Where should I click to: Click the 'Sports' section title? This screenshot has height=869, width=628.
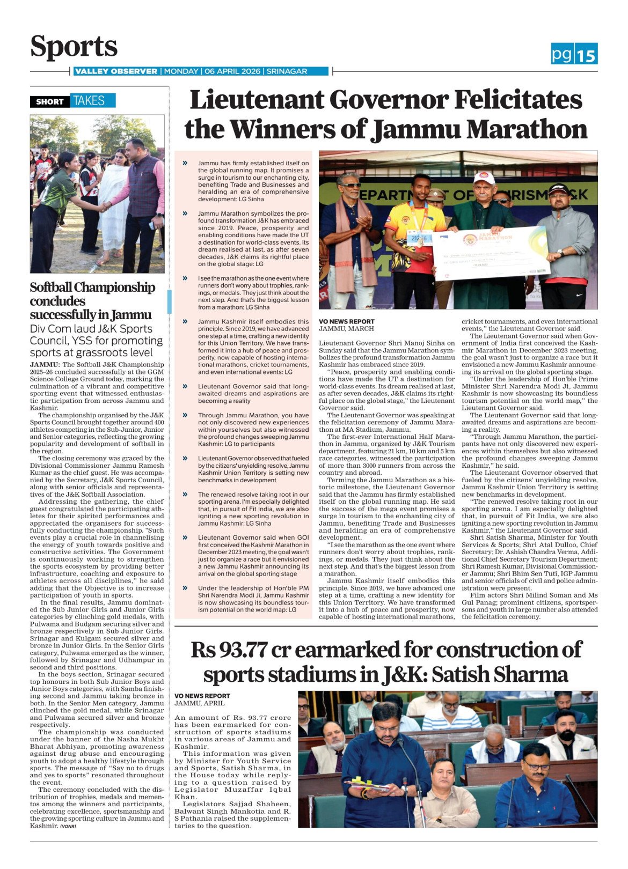pos(74,47)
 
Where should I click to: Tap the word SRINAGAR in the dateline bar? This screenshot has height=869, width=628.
pos(287,71)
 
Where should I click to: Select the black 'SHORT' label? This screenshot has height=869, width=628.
pos(49,101)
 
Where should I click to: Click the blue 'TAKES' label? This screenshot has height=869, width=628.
pos(89,101)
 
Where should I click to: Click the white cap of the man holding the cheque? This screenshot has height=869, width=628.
pos(484,178)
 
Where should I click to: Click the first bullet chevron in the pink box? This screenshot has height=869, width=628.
pos(185,163)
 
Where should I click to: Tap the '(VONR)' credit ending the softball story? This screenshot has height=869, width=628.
pos(68,827)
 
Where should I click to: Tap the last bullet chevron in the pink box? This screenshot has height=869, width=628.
pos(185,588)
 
